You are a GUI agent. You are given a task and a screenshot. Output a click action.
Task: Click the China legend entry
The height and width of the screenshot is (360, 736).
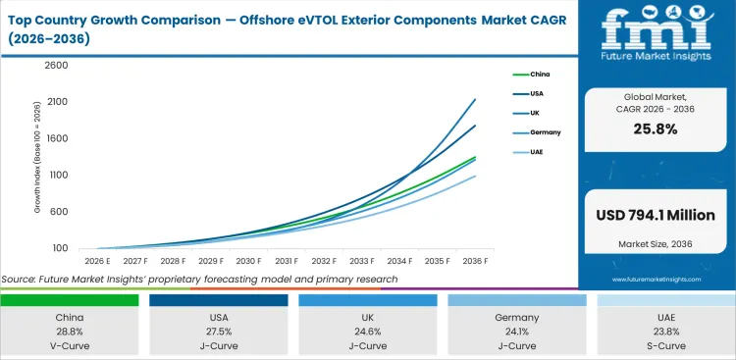point(539,75)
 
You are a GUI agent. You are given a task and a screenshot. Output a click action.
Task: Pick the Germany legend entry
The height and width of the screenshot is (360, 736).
point(543,133)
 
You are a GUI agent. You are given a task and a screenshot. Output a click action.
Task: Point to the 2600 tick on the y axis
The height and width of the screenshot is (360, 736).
point(55,66)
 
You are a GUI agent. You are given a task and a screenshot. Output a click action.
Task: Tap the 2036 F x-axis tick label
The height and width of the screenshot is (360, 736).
point(476,262)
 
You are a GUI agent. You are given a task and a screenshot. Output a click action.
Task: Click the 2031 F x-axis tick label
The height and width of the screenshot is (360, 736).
point(286,262)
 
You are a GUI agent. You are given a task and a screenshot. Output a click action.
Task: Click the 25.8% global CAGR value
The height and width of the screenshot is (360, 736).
point(657,129)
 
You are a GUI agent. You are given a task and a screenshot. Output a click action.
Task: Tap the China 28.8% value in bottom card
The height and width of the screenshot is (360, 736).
point(69,332)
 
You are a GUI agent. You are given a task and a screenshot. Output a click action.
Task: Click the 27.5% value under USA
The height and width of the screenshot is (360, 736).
point(218,332)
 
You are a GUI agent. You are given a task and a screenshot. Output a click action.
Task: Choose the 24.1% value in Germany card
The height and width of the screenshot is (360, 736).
point(516,332)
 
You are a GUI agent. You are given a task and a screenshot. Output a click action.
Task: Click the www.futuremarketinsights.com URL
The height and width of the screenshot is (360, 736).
point(657,279)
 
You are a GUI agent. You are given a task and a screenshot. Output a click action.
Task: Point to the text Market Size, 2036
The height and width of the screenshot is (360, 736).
point(657,244)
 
